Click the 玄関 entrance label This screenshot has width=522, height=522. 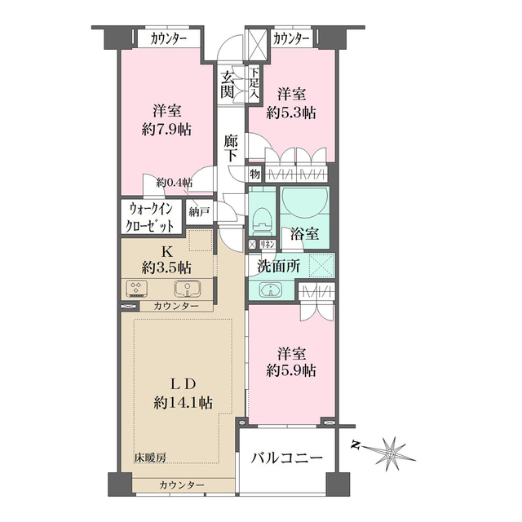[227, 85]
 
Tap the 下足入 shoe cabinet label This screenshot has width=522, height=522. [254, 84]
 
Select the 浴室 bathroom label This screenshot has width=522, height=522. [305, 233]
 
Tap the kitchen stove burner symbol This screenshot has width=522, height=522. [136, 288]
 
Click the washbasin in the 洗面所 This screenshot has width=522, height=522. [270, 289]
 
